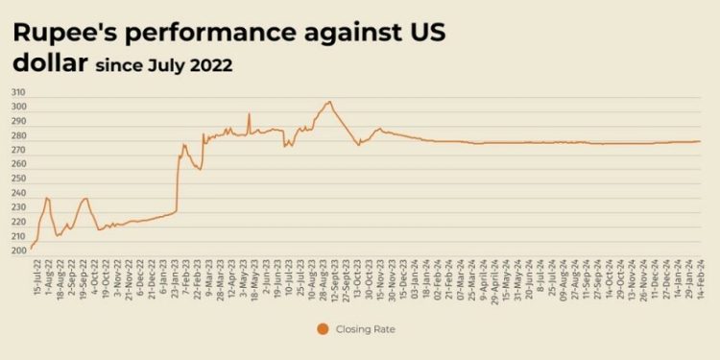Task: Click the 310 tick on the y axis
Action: click(x=18, y=92)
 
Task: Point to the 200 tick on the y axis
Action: click(x=18, y=251)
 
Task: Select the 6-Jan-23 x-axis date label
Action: click(x=164, y=275)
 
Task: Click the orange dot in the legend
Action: click(x=322, y=329)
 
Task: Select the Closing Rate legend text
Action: click(x=366, y=329)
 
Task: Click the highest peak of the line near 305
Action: click(x=329, y=101)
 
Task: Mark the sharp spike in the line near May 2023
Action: click(x=249, y=113)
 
